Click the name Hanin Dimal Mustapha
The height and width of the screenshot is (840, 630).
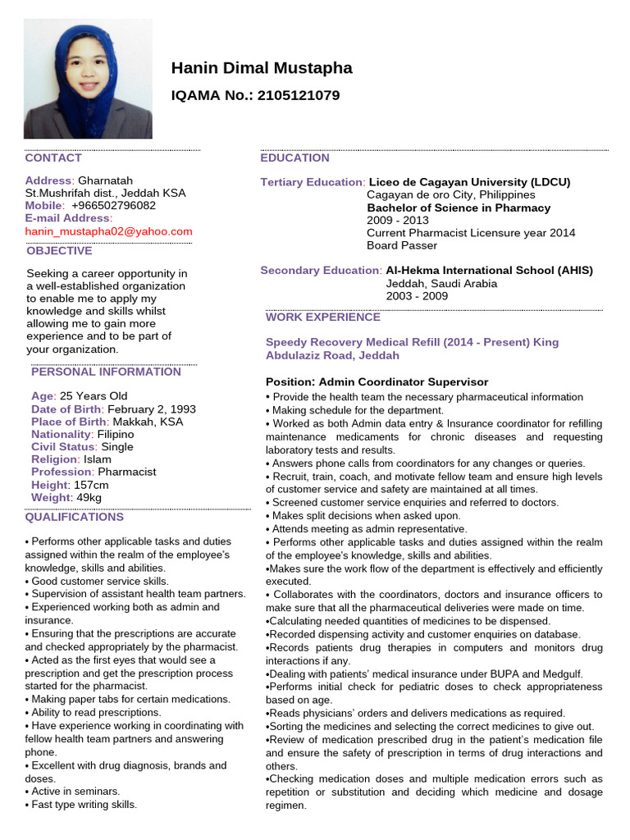(x=262, y=68)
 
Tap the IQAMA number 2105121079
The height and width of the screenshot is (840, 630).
(x=299, y=95)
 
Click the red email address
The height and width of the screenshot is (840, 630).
(x=108, y=231)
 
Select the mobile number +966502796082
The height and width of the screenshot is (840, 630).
(x=113, y=205)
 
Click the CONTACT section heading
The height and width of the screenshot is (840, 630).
(x=53, y=157)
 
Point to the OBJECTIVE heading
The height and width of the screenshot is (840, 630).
(x=59, y=251)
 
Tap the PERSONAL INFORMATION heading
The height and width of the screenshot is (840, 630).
(x=106, y=372)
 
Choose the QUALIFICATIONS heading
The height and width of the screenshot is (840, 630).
(x=75, y=517)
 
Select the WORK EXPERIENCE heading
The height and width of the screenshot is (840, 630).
(x=323, y=317)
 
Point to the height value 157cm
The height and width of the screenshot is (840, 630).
(x=90, y=485)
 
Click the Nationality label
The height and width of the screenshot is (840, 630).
(x=61, y=434)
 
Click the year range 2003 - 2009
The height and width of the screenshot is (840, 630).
(x=417, y=296)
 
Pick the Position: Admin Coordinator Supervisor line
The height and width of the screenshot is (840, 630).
(x=377, y=382)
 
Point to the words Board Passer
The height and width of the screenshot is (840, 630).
(x=402, y=245)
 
